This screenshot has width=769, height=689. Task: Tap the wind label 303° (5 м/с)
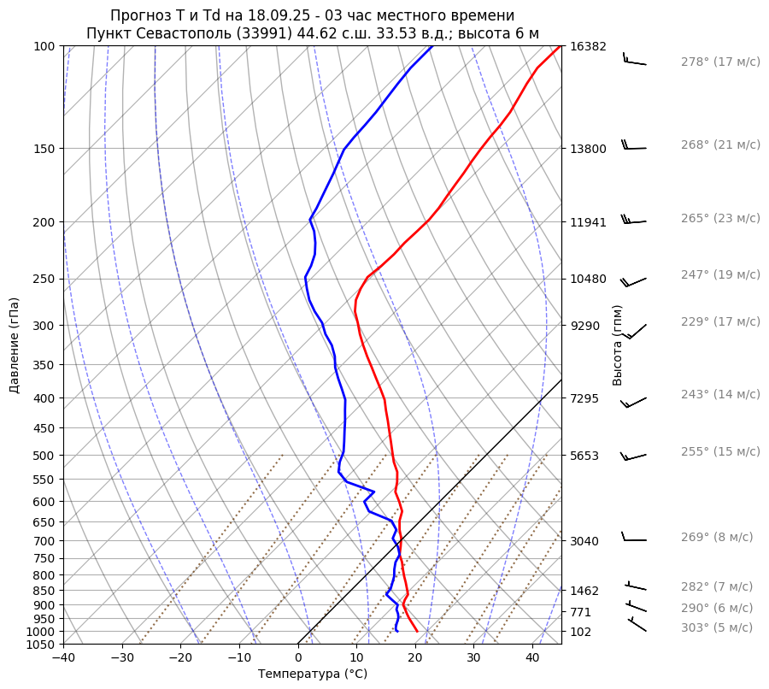point(717,627)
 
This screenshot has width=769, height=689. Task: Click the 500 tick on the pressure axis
point(48,455)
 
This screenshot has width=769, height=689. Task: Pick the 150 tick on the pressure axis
point(48,149)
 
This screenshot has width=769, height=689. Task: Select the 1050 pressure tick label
point(44,645)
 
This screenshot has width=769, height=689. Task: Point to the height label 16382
point(588,46)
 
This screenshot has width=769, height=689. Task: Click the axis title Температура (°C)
point(313,674)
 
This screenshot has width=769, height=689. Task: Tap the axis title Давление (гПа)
point(15,345)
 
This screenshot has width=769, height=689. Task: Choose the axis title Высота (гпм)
point(618,345)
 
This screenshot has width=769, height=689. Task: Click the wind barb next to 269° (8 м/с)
point(634,539)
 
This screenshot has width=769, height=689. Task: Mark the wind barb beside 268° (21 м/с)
point(634,147)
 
